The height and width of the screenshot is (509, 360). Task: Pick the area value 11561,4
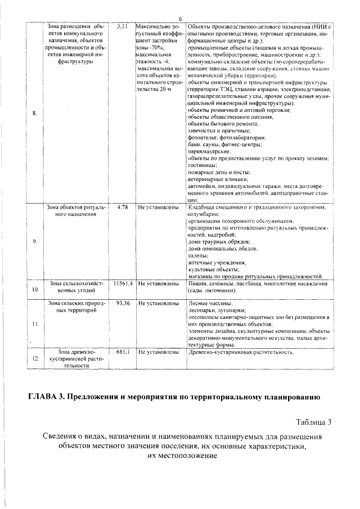tap(122, 283)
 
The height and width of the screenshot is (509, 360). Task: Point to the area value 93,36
tap(123, 303)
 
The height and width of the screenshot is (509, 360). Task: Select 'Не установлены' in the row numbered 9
tap(159, 207)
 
